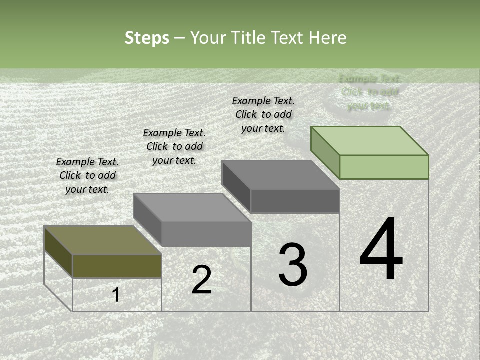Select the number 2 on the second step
pyautogui.click(x=201, y=280)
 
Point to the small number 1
pyautogui.click(x=116, y=295)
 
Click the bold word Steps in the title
pyautogui.click(x=147, y=38)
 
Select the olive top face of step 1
pyautogui.click(x=103, y=240)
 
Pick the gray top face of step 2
pyautogui.click(x=192, y=207)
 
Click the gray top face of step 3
pyautogui.click(x=281, y=175)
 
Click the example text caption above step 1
pyautogui.click(x=87, y=175)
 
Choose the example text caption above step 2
pyautogui.click(x=174, y=146)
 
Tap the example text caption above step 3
pyautogui.click(x=263, y=114)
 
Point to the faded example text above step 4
pyautogui.click(x=369, y=92)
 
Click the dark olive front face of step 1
pyautogui.click(x=117, y=266)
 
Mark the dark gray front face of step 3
pyautogui.click(x=295, y=201)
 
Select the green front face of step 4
pyautogui.click(x=384, y=167)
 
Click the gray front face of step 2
pyautogui.click(x=206, y=234)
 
